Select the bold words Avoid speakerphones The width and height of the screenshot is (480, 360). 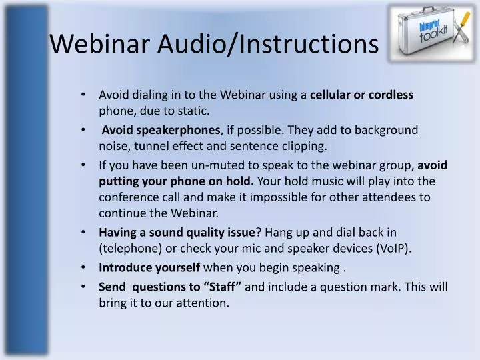[160, 129]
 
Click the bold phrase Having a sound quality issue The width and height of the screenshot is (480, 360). [177, 232]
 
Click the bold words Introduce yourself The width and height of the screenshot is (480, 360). [149, 267]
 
